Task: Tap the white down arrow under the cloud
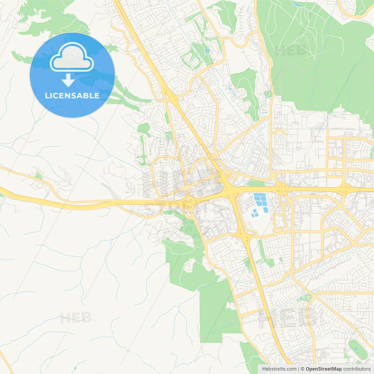(x=68, y=80)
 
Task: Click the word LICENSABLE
(x=72, y=96)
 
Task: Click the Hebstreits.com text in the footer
(x=279, y=369)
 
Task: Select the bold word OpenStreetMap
(x=324, y=369)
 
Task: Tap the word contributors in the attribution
(x=357, y=369)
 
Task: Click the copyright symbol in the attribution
(x=302, y=369)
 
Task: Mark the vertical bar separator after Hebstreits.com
(x=299, y=369)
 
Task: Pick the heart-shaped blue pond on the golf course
(x=207, y=51)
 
